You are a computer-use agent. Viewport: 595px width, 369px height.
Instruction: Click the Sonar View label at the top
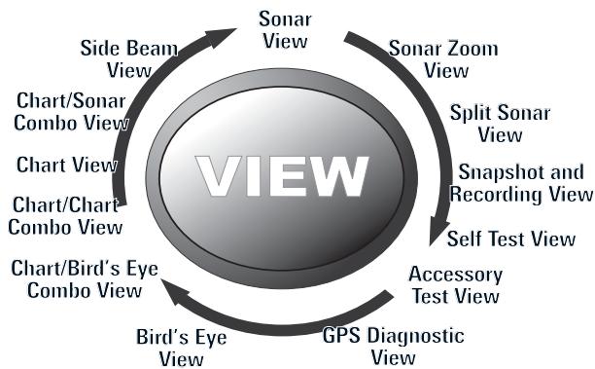(285, 28)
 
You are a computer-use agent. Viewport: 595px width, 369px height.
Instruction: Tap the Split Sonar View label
(500, 123)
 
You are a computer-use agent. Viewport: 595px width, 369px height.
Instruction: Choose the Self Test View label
(510, 238)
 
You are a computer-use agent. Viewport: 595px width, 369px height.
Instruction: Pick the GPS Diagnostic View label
(393, 346)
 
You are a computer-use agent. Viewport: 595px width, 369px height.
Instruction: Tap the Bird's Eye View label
(183, 349)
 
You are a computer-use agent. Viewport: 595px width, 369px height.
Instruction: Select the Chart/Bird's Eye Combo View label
(84, 278)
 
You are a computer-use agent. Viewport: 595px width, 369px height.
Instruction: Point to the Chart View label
(67, 165)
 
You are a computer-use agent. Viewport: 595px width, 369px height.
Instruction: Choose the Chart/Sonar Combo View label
(72, 112)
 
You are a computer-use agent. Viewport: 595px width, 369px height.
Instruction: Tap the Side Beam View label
(115, 58)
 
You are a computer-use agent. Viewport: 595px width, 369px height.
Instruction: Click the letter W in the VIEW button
(333, 176)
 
